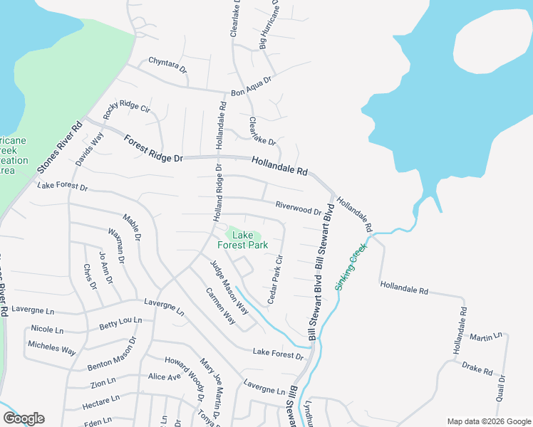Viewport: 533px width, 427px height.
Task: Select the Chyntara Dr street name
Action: click(x=167, y=65)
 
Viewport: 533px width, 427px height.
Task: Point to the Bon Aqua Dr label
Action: click(x=252, y=87)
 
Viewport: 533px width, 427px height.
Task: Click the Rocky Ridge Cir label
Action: click(x=125, y=109)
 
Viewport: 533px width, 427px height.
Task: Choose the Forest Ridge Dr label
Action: click(x=153, y=148)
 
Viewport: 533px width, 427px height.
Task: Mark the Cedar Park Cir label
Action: click(x=275, y=280)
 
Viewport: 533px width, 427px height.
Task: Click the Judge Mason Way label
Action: click(x=229, y=288)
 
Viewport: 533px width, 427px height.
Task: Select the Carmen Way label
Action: click(x=220, y=305)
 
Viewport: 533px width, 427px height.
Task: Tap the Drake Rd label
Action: click(x=477, y=368)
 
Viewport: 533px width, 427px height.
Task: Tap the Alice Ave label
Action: click(x=165, y=376)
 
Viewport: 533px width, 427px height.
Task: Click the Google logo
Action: click(x=23, y=418)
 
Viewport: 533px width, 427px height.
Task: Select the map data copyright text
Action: click(x=487, y=421)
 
